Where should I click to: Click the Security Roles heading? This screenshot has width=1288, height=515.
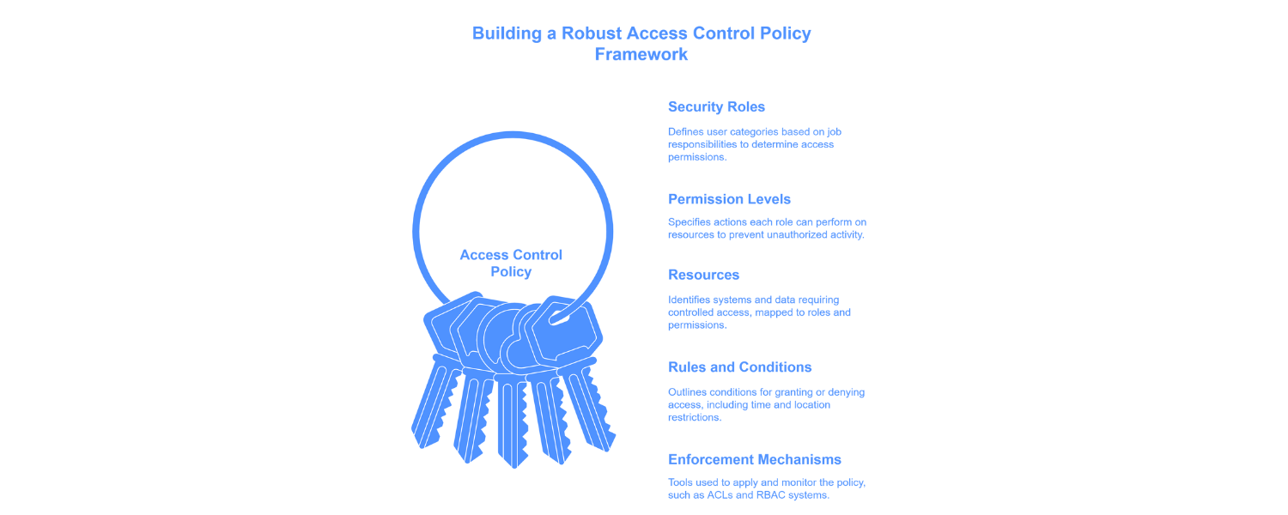[x=716, y=107]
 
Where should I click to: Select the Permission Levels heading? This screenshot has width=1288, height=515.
[x=729, y=199]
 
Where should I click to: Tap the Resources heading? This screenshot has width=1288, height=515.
[x=703, y=276]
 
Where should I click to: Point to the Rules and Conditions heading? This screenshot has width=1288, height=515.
[x=739, y=367]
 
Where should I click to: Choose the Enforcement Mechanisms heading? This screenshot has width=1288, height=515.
[x=754, y=460]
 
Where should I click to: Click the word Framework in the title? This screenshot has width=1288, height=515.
[x=641, y=55]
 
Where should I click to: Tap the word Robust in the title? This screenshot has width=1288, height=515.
[x=592, y=34]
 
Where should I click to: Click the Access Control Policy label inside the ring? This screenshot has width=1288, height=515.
[x=511, y=264]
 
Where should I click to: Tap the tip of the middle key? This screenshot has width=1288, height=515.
[x=513, y=463]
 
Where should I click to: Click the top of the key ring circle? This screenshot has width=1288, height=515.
[x=513, y=135]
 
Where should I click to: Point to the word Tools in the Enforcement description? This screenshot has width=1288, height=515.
[x=682, y=482]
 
